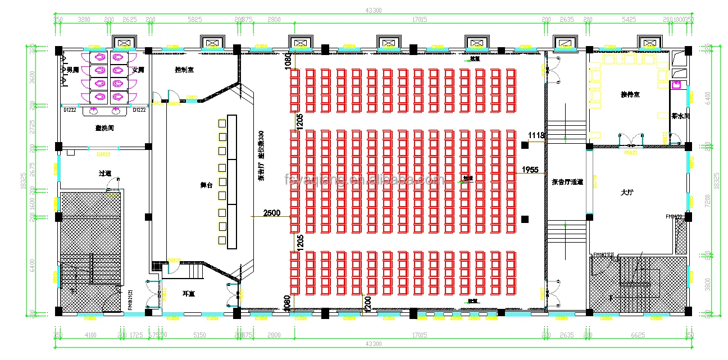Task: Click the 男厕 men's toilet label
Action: [72, 70]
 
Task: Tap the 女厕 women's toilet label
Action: [138, 70]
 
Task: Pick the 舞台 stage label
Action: [206, 185]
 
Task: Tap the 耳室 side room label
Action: [188, 293]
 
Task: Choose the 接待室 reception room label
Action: [630, 94]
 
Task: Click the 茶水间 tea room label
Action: [680, 116]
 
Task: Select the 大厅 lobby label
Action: [627, 193]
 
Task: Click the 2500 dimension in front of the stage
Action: [272, 213]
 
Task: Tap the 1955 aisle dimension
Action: [530, 169]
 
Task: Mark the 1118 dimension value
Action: [536, 135]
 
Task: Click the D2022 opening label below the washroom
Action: [103, 153]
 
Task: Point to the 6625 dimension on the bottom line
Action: [637, 335]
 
